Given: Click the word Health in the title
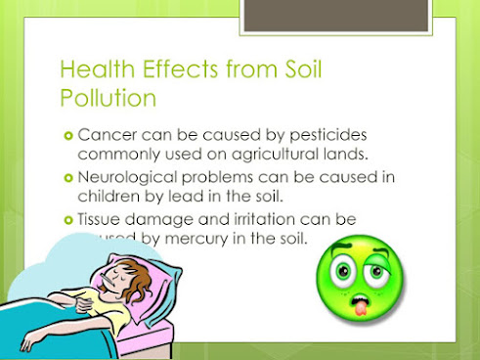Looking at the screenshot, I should click(x=92, y=69).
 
